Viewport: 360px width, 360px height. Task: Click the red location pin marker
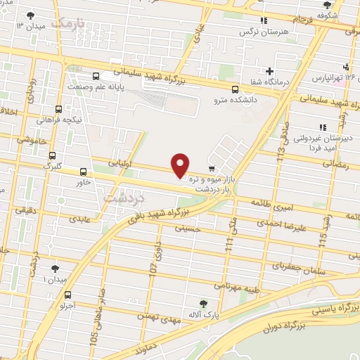tap(181, 165)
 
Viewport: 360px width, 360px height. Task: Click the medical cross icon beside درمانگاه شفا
tap(269, 71)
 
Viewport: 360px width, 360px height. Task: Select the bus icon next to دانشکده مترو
tap(235, 89)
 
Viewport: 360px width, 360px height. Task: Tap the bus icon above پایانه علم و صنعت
tap(95, 77)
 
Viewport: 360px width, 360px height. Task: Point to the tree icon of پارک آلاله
tap(203, 304)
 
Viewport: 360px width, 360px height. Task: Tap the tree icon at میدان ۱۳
tap(29, 15)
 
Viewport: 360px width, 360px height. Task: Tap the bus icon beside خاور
tap(84, 172)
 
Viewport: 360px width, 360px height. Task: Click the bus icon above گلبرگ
tap(51, 156)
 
